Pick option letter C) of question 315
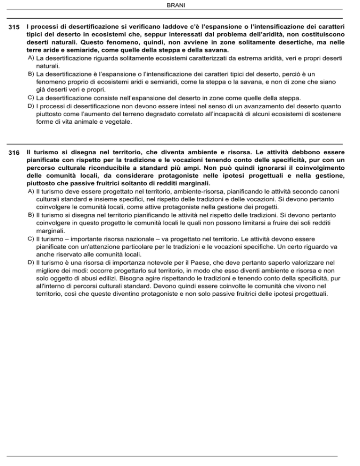(x=30, y=98)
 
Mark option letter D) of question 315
(x=30, y=106)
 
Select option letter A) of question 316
(x=30, y=191)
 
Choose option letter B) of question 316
(x=30, y=215)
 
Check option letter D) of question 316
(x=30, y=263)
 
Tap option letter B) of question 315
(x=30, y=74)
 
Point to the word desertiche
(x=266, y=42)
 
